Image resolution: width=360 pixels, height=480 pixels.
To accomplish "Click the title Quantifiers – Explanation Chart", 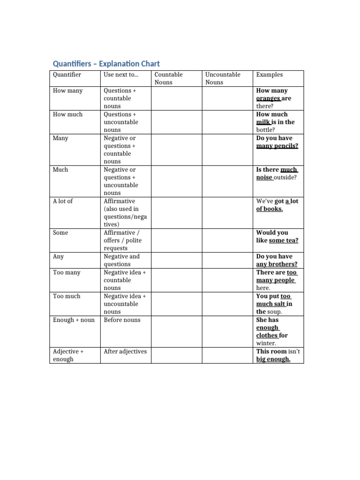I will [106, 64].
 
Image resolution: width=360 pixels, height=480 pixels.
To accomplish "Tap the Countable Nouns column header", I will [169, 78].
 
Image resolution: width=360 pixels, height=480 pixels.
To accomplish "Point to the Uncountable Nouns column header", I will [223, 78].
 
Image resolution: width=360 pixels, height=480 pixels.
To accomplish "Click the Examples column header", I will [270, 75].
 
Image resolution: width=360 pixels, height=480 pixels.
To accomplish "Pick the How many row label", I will [68, 90].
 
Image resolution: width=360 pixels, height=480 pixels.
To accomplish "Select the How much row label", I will [68, 114].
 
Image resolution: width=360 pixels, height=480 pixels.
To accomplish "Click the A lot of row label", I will [63, 201].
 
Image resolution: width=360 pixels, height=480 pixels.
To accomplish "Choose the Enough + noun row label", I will [74, 320].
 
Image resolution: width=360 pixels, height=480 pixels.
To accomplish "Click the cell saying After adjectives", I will [125, 352].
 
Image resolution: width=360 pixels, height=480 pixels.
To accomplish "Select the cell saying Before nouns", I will [122, 320].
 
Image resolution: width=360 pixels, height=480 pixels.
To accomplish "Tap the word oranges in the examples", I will [268, 98].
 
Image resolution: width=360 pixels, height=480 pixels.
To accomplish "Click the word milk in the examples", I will [263, 122].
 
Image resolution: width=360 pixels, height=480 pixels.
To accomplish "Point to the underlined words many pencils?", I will [277, 146].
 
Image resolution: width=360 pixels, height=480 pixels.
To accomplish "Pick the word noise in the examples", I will [264, 178].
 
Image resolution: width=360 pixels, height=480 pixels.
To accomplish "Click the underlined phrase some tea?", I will [284, 240].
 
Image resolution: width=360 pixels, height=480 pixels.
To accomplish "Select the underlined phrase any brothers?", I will [277, 264].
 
